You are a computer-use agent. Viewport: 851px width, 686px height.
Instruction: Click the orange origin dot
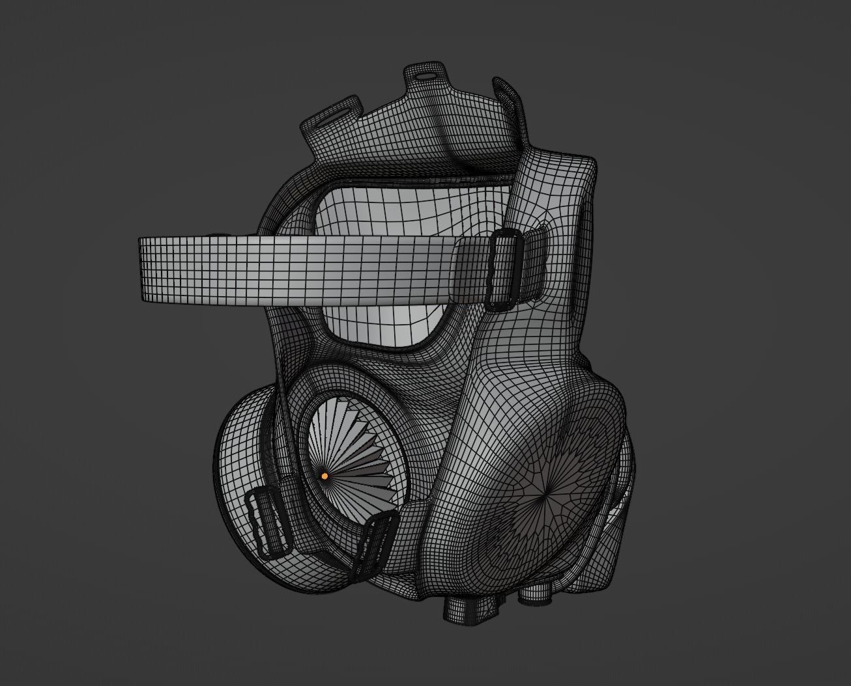coord(325,476)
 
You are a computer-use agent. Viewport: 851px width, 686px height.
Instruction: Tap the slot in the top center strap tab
coord(426,75)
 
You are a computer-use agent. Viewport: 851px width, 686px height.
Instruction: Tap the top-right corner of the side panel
coord(586,163)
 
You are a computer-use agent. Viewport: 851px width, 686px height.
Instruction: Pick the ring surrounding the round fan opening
coord(306,417)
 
